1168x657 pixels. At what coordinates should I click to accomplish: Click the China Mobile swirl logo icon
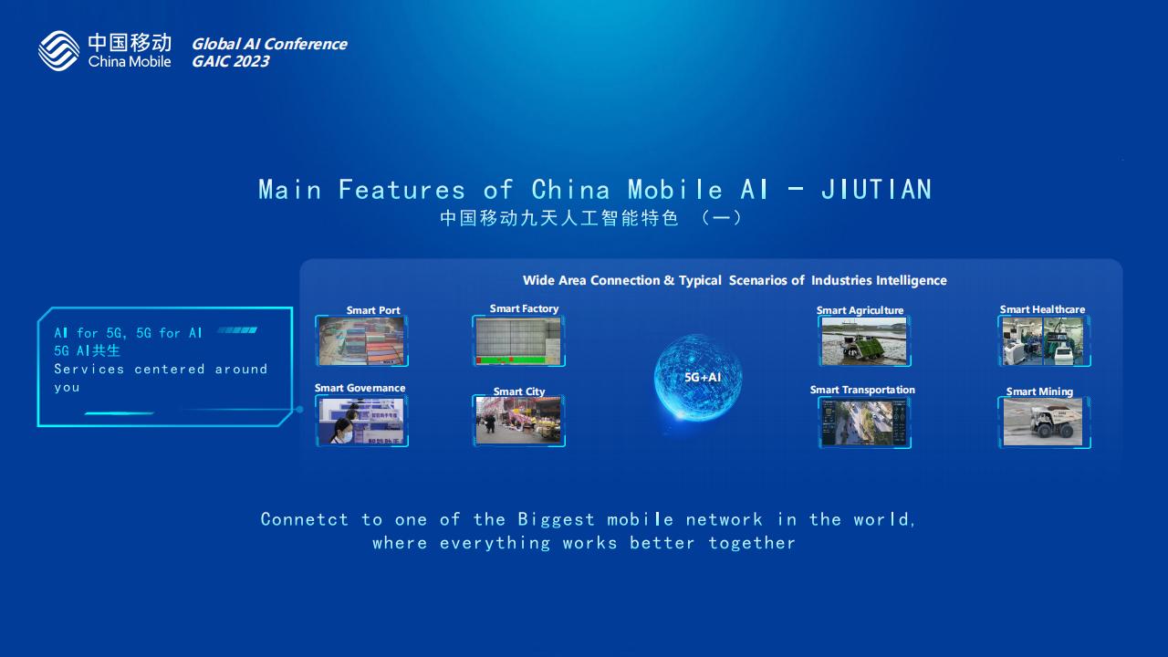tap(59, 50)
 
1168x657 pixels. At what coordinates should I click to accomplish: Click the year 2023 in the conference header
tap(251, 61)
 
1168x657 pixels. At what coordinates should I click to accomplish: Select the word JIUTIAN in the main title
tap(877, 189)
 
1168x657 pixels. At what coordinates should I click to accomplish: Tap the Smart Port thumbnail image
tap(361, 341)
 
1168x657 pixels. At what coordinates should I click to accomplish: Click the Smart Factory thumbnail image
tap(518, 341)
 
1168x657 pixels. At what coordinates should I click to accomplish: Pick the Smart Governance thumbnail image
tap(361, 421)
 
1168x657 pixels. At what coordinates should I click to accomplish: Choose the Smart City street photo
tap(518, 421)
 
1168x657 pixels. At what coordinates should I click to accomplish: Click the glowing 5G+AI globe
tap(698, 378)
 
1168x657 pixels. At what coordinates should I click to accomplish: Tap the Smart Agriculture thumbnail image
tap(864, 341)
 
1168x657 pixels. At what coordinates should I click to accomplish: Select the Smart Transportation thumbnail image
tap(864, 422)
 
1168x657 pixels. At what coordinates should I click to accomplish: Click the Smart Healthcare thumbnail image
tap(1043, 341)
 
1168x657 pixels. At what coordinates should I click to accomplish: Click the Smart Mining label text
tap(1039, 391)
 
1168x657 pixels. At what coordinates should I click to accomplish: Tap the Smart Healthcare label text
tap(1042, 309)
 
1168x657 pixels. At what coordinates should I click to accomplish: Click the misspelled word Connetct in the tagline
tap(304, 519)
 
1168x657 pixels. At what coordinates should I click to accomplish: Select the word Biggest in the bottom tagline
tap(556, 519)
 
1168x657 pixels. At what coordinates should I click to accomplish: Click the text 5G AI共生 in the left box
tap(87, 351)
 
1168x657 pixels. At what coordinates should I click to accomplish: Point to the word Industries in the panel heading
tap(841, 280)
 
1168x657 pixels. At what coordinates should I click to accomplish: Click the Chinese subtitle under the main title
tap(590, 218)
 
